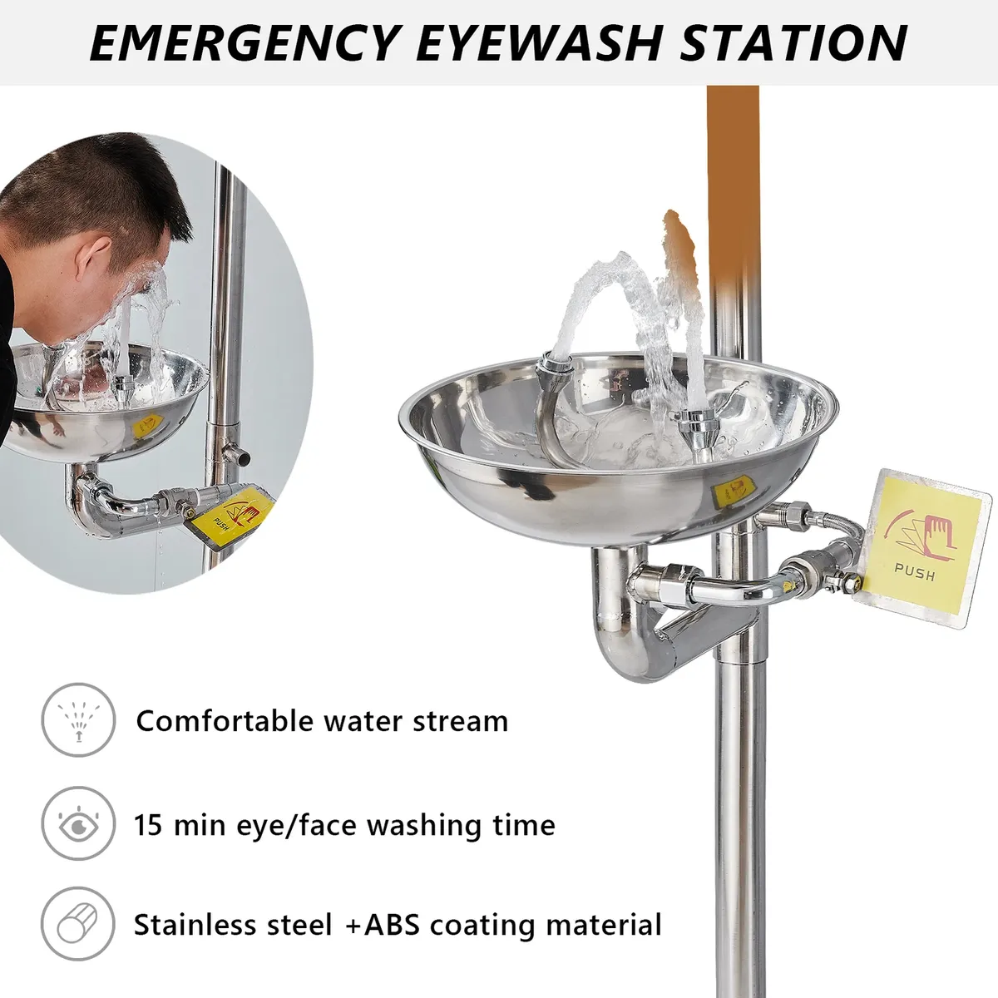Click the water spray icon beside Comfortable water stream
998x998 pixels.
(x=79, y=720)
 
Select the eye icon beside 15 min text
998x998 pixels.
(x=79, y=824)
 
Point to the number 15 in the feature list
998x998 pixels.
(x=149, y=824)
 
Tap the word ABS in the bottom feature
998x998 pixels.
(x=392, y=925)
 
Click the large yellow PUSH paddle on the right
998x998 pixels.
(x=921, y=548)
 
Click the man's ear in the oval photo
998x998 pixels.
(x=91, y=255)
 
